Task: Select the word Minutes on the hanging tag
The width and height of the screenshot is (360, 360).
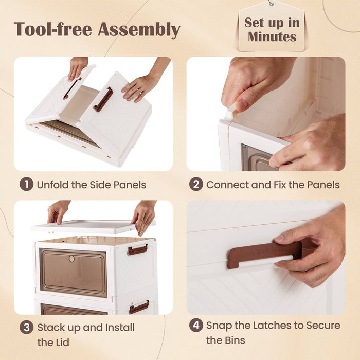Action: (272, 37)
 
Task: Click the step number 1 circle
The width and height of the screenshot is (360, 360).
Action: (26, 185)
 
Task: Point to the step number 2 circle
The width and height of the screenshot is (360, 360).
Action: (196, 185)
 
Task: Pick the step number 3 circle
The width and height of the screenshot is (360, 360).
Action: (26, 327)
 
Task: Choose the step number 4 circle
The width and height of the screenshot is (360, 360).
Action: (196, 326)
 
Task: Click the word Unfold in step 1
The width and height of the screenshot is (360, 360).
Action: (53, 185)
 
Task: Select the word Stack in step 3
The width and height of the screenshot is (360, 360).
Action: (50, 327)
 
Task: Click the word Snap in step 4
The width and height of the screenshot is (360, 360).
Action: (218, 326)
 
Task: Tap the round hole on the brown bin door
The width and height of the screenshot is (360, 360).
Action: (71, 259)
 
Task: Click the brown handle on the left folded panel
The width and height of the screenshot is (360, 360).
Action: (72, 88)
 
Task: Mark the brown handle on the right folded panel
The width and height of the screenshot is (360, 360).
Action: (103, 99)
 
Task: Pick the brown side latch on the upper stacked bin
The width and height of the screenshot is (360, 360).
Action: (138, 249)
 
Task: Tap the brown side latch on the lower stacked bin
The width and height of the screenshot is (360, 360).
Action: (139, 307)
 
